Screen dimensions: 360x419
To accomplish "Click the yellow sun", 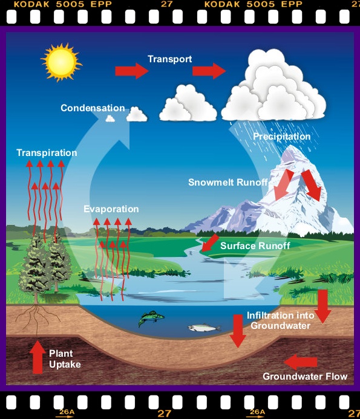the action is pyautogui.click(x=61, y=62).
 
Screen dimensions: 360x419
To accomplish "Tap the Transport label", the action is pyautogui.click(x=170, y=59).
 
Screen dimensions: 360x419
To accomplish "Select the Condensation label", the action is pyautogui.click(x=93, y=108).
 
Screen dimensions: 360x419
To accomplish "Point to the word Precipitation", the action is pyautogui.click(x=281, y=137).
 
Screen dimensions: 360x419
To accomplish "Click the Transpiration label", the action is pyautogui.click(x=47, y=152).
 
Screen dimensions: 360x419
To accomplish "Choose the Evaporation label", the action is pyautogui.click(x=111, y=209).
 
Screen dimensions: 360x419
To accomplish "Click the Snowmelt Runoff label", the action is pyautogui.click(x=228, y=182).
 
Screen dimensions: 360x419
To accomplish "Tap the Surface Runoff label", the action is pyautogui.click(x=255, y=246).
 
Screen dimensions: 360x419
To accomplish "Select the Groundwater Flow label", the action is pyautogui.click(x=305, y=377).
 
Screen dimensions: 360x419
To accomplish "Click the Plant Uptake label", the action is pyautogui.click(x=65, y=359).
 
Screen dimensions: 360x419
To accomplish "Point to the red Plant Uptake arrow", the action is pyautogui.click(x=37, y=357).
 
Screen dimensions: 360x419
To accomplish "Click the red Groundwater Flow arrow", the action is pyautogui.click(x=300, y=362).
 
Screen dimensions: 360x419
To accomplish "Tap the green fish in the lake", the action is pyautogui.click(x=151, y=317).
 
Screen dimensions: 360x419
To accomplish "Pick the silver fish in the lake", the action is pyautogui.click(x=204, y=327).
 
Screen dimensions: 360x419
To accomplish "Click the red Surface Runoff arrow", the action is pyautogui.click(x=210, y=242).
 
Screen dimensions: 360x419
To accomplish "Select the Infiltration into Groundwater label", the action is pyautogui.click(x=280, y=320).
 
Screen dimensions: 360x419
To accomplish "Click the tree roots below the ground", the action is pyautogui.click(x=37, y=319).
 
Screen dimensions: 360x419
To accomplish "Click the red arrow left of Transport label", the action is pyautogui.click(x=131, y=71).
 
